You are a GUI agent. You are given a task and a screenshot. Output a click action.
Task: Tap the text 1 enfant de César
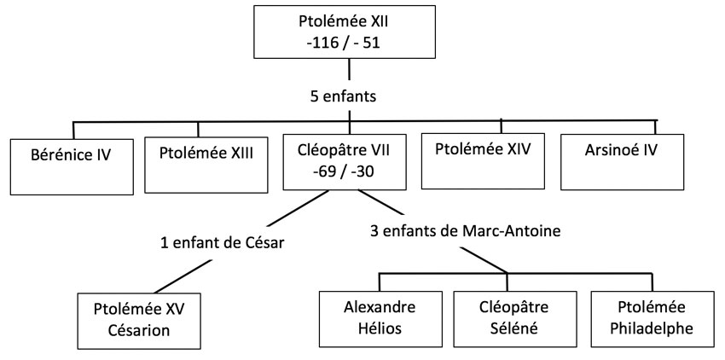coord(222,242)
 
